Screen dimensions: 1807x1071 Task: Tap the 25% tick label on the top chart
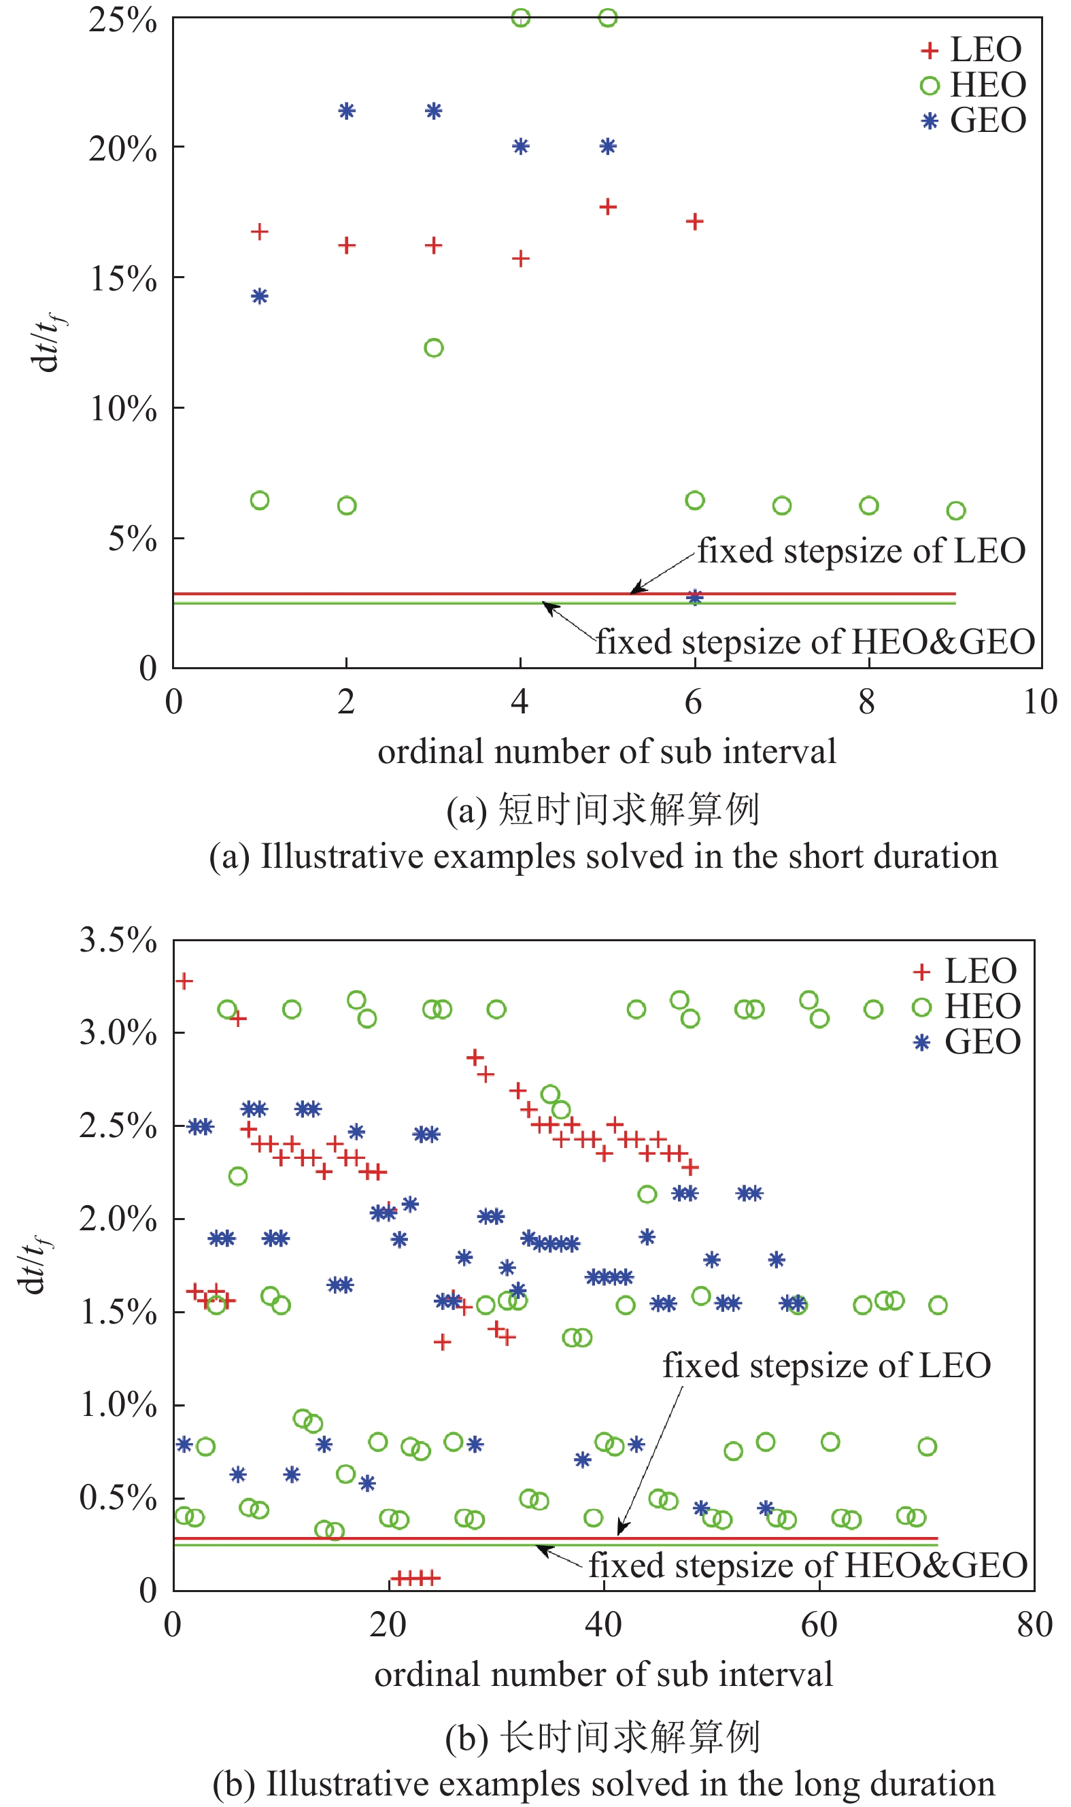(122, 20)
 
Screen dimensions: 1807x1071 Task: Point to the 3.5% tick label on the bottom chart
(118, 941)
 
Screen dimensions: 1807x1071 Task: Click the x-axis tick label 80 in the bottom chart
(1034, 1625)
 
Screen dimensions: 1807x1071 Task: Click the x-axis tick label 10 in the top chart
(1039, 701)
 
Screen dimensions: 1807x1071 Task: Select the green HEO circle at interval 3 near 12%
(433, 348)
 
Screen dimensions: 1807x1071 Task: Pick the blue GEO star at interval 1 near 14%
(260, 296)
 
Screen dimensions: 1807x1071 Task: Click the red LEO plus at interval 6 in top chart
(694, 222)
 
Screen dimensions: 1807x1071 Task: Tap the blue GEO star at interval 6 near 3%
(694, 597)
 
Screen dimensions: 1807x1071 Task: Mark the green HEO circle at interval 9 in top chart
(955, 511)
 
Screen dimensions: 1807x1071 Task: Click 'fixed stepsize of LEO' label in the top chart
(861, 552)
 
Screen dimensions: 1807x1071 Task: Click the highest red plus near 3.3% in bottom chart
(184, 981)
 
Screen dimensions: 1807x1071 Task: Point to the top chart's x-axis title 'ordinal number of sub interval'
(607, 752)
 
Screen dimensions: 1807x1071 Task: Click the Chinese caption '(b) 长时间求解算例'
(602, 1736)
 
